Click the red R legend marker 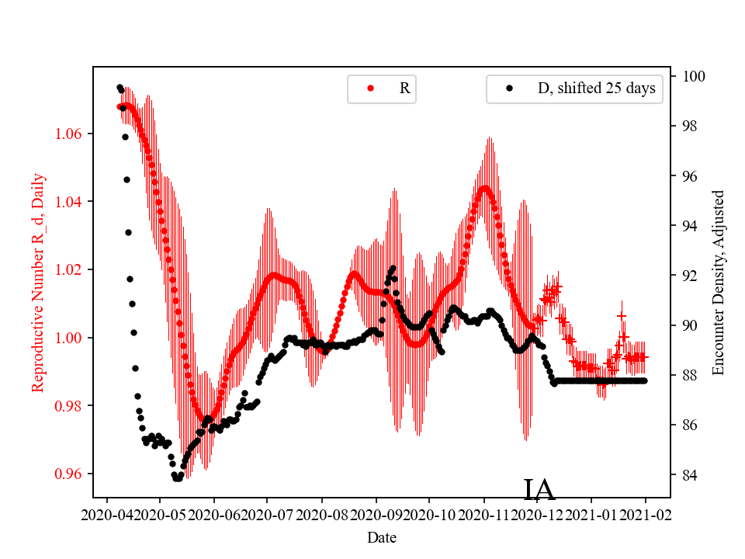point(370,89)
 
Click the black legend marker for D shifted point(510,89)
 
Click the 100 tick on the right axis point(693,76)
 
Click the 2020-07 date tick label point(267,514)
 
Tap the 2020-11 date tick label point(483,514)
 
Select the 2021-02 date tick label point(645,514)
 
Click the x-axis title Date point(382,536)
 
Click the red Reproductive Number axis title point(37,283)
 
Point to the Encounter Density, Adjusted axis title point(718,283)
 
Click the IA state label point(539,490)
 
